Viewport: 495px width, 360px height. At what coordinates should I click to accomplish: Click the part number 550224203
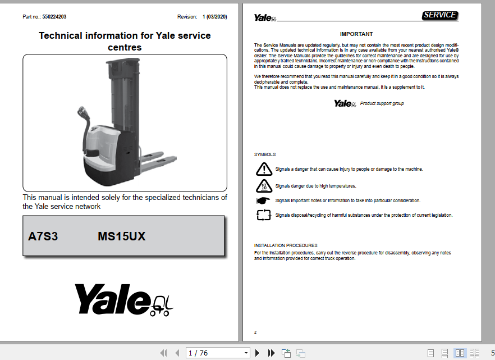[x=54, y=17]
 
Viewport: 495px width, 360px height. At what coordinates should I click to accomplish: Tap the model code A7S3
[x=43, y=236]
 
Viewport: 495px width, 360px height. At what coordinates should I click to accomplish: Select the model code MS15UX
[x=121, y=236]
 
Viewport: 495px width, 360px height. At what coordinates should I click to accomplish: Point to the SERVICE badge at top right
[x=440, y=15]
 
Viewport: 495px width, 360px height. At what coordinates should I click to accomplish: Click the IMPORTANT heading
[x=356, y=34]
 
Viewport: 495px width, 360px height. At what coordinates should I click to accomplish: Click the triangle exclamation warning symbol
[x=263, y=169]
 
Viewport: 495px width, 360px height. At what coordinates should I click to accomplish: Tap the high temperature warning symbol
[x=263, y=185]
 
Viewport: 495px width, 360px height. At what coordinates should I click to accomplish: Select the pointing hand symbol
[x=263, y=200]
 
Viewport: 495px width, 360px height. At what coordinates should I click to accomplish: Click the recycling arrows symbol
[x=263, y=215]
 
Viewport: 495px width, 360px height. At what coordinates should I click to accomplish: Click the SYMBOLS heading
[x=265, y=154]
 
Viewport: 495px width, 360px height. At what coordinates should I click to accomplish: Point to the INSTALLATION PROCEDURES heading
[x=286, y=245]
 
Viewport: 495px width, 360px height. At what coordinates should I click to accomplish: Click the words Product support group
[x=382, y=103]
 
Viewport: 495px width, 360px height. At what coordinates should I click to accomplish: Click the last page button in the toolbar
[x=272, y=353]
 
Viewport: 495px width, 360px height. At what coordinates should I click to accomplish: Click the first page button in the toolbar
[x=163, y=353]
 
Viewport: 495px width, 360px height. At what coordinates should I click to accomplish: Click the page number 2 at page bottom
[x=255, y=332]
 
